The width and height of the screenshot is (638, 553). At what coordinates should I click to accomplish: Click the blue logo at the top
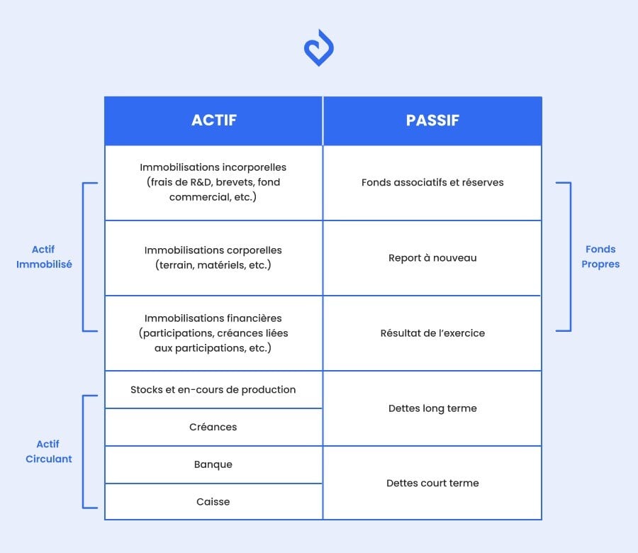tap(318, 48)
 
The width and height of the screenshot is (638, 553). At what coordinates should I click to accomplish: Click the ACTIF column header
tap(213, 121)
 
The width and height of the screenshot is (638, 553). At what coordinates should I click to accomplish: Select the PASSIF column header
tap(432, 121)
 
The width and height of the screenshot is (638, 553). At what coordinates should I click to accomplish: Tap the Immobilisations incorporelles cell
tap(213, 182)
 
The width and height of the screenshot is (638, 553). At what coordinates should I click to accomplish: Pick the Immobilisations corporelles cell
tap(213, 257)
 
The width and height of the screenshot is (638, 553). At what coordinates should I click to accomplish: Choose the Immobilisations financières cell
tap(213, 333)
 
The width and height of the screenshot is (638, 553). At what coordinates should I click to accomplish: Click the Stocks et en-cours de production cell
tap(213, 389)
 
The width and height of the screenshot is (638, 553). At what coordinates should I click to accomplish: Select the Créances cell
tap(213, 427)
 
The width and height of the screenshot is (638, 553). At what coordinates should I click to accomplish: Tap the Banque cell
tap(213, 464)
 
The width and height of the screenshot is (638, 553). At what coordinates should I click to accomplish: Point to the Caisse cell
tap(213, 501)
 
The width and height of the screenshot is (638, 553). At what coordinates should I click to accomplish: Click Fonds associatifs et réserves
tap(432, 182)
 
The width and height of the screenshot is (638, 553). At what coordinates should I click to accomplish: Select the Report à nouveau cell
tap(432, 257)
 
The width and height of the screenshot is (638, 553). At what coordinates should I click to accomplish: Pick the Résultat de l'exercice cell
tap(432, 333)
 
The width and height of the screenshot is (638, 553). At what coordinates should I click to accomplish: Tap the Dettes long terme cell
tap(432, 408)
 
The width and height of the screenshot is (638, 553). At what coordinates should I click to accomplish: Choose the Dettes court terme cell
tap(432, 483)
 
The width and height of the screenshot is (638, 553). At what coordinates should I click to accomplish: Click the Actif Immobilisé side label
tap(43, 257)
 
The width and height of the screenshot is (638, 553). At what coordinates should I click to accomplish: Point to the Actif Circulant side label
tap(48, 451)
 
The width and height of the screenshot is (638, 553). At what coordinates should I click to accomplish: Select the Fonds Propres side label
tap(600, 257)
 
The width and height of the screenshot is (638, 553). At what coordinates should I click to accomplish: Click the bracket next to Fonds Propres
tap(569, 257)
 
